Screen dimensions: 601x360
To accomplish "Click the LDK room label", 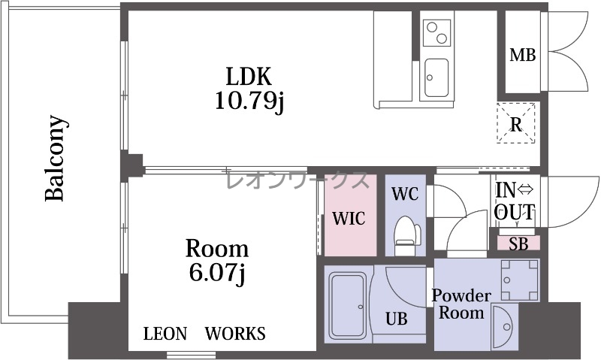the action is pos(249,76).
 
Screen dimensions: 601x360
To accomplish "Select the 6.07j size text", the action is pos(217,274).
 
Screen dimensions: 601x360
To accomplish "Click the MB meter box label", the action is pos(522,56).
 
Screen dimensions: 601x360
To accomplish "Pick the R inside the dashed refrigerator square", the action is pos(516,124).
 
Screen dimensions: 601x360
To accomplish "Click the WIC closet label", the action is pos(349,219).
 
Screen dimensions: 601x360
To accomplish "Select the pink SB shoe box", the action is pos(518,244).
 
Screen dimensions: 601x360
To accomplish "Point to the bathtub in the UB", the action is pos(348,305).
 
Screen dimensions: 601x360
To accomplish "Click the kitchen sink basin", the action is pos(436,78).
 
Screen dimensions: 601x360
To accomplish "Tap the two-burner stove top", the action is pos(436,32).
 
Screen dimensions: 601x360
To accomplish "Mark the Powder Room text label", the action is pos(461,304).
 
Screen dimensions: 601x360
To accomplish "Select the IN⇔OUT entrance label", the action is pos(514,201).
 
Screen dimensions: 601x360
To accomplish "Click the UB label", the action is pos(397,319).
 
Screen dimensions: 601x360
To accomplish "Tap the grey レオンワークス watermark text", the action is pos(297,180).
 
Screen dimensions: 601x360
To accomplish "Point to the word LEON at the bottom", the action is pos(165,334).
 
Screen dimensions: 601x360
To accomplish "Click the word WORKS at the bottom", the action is pos(235,334).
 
